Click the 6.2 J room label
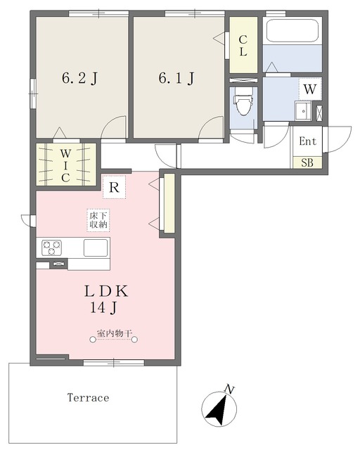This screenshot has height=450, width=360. pos(80,78)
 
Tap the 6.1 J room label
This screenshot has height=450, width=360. pos(176,78)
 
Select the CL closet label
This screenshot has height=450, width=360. pos(243,45)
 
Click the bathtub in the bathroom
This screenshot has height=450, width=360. pos(292,30)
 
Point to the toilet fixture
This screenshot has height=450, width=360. pos(243,101)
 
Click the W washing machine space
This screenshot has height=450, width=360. pos(310,89)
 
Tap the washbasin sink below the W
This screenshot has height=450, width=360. pos(302,111)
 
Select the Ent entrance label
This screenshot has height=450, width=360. pos(307,141)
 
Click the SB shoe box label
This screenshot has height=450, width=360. pos(307,162)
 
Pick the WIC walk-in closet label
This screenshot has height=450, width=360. pos(65,166)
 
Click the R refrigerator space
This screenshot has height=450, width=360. pos(115,188)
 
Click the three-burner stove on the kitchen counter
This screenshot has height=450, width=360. pos(51,247)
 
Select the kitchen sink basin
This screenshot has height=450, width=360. pos(96,247)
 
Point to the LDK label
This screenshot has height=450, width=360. pos(106,292)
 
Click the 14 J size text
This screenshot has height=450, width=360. pos(103,308)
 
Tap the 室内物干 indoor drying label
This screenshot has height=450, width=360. pos(114,333)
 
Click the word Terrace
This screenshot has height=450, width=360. pos(88,397)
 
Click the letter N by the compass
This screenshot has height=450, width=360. pos(229,390)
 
